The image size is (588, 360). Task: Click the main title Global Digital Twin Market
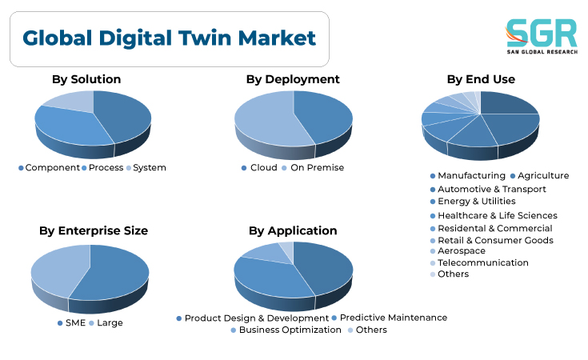pos(169,38)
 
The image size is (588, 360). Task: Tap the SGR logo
pos(542,36)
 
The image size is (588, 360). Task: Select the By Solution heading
pos(86,79)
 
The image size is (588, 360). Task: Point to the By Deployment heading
pos(293,79)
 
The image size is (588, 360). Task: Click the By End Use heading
pos(481,79)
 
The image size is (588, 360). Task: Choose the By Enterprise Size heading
pos(94,230)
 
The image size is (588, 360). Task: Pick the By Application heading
pos(293,230)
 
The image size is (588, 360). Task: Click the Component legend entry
pos(49,168)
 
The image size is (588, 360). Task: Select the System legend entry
pos(146,168)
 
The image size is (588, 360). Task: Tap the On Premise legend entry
pos(313,168)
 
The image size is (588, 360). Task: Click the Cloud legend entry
pos(259,168)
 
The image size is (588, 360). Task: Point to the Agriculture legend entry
pos(540,175)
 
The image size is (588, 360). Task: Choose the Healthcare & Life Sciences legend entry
pos(494,216)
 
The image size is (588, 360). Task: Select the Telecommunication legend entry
pos(479,262)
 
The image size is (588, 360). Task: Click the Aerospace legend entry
pos(458,251)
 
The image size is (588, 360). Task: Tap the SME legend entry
pos(72,323)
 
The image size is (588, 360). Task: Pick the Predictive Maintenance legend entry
pos(390,318)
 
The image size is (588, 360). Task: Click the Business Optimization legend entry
pos(286,330)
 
